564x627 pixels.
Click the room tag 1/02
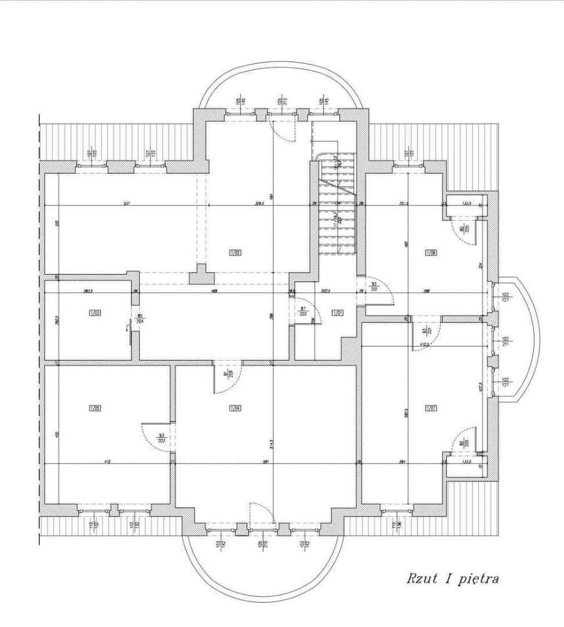tap(236, 253)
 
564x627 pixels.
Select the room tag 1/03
tap(95, 312)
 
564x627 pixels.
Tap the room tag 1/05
tap(95, 408)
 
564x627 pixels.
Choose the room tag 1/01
tap(337, 312)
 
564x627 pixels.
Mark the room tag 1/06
tap(431, 253)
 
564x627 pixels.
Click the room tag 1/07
tap(431, 408)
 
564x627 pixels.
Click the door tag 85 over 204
tap(140, 317)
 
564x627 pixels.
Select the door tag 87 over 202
tap(303, 311)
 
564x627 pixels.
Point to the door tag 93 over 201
tap(375, 286)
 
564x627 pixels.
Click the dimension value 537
tap(126, 203)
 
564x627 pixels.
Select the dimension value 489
tap(214, 290)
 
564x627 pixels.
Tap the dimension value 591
tap(266, 462)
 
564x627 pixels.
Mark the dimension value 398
tap(426, 290)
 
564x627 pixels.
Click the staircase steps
tap(337, 207)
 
